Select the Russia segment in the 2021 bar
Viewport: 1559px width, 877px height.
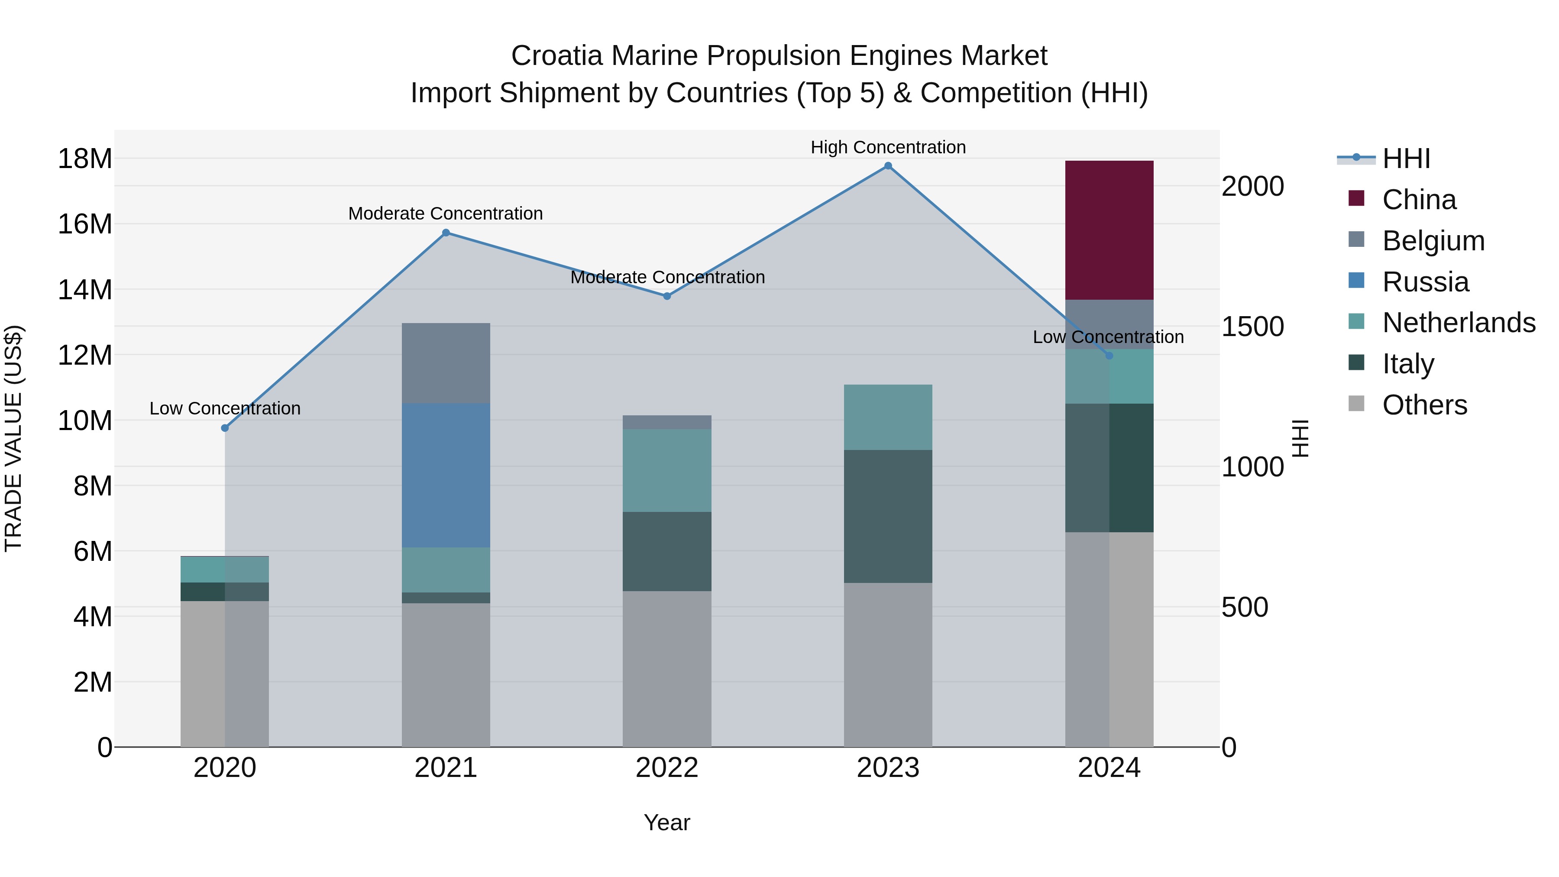(x=446, y=475)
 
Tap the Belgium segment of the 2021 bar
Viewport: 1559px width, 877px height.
(x=446, y=363)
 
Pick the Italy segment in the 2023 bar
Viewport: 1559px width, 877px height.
(x=888, y=516)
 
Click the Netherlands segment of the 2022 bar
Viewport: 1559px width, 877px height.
(x=667, y=470)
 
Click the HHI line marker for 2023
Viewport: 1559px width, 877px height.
(x=888, y=166)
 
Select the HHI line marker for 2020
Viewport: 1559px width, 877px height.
(x=225, y=428)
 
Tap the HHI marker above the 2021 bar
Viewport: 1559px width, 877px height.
(x=446, y=233)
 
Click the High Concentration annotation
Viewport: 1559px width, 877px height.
(x=888, y=147)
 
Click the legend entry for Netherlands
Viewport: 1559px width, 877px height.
(x=1458, y=323)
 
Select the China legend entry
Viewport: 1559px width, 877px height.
(x=1419, y=200)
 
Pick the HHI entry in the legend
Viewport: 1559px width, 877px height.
(x=1406, y=159)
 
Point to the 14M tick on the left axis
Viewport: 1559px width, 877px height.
(x=85, y=290)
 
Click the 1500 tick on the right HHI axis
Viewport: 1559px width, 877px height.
(x=1252, y=327)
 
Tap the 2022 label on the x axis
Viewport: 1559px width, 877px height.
(x=667, y=768)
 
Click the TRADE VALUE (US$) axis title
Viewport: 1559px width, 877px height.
(x=13, y=438)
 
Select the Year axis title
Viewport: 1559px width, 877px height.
(x=667, y=822)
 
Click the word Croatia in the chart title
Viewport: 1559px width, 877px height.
(x=557, y=56)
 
